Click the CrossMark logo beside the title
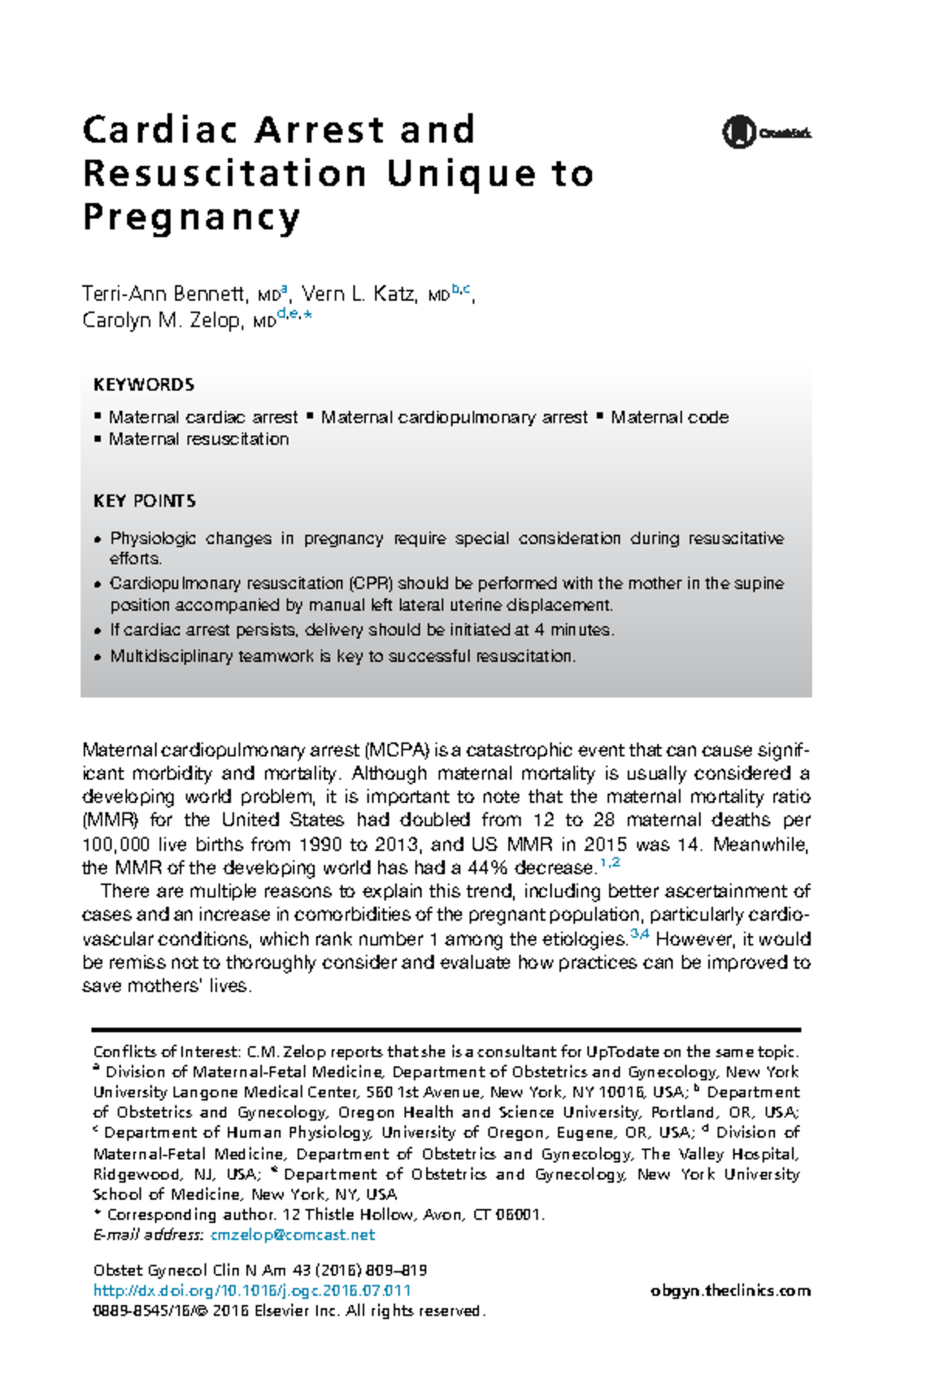tap(766, 133)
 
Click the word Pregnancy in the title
tap(191, 217)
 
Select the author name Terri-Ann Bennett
tap(164, 294)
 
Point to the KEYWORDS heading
tap(143, 385)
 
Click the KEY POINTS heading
tap(144, 501)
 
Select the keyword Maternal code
tap(670, 418)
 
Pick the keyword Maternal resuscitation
tap(198, 439)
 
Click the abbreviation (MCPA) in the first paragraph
tap(396, 750)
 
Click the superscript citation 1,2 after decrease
tap(610, 863)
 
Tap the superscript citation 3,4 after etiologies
tap(639, 934)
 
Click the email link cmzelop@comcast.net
tap(292, 1235)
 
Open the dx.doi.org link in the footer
tap(252, 1290)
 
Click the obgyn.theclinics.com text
tap(731, 1290)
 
